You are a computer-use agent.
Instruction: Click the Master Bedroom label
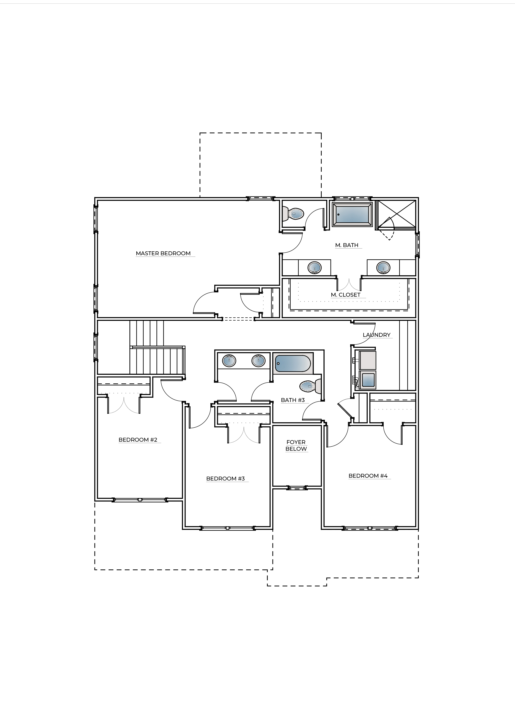click(163, 253)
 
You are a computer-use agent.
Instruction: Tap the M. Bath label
click(346, 245)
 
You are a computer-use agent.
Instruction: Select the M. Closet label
click(346, 295)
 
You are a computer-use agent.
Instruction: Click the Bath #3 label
click(293, 400)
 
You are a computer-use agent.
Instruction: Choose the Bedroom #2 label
click(138, 440)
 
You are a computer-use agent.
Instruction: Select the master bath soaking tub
click(353, 214)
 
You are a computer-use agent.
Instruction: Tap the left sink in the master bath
click(315, 268)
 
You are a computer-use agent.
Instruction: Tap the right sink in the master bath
click(383, 268)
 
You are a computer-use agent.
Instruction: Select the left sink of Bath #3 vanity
click(229, 361)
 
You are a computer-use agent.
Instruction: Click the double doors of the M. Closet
click(348, 284)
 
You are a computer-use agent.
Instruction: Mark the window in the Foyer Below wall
click(297, 488)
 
